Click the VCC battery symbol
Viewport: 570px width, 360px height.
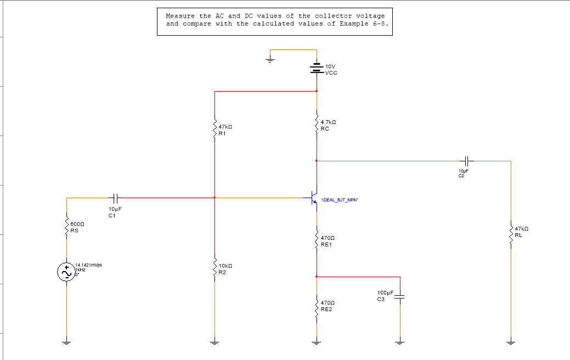(317, 68)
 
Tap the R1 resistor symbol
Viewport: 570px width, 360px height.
(215, 130)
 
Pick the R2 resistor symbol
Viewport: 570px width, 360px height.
(215, 268)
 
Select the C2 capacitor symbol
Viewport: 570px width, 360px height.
(466, 161)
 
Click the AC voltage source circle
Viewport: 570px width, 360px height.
(67, 272)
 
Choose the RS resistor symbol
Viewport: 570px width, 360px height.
(67, 227)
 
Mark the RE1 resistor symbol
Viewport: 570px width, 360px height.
(317, 240)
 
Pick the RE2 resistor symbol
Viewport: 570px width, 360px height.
(317, 306)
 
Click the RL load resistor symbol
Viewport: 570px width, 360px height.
(511, 234)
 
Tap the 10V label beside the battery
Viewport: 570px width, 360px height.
(330, 66)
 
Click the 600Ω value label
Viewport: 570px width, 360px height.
(77, 224)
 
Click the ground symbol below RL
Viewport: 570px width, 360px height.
(511, 343)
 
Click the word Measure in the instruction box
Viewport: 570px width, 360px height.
(180, 16)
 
